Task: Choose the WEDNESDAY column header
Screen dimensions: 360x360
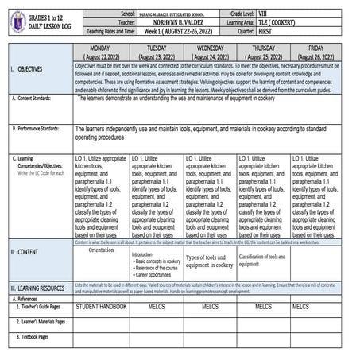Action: click(209, 53)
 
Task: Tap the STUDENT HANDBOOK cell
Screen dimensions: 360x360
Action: click(101, 306)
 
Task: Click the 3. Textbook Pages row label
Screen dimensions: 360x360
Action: click(33, 337)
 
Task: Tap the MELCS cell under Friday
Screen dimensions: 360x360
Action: click(301, 306)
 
